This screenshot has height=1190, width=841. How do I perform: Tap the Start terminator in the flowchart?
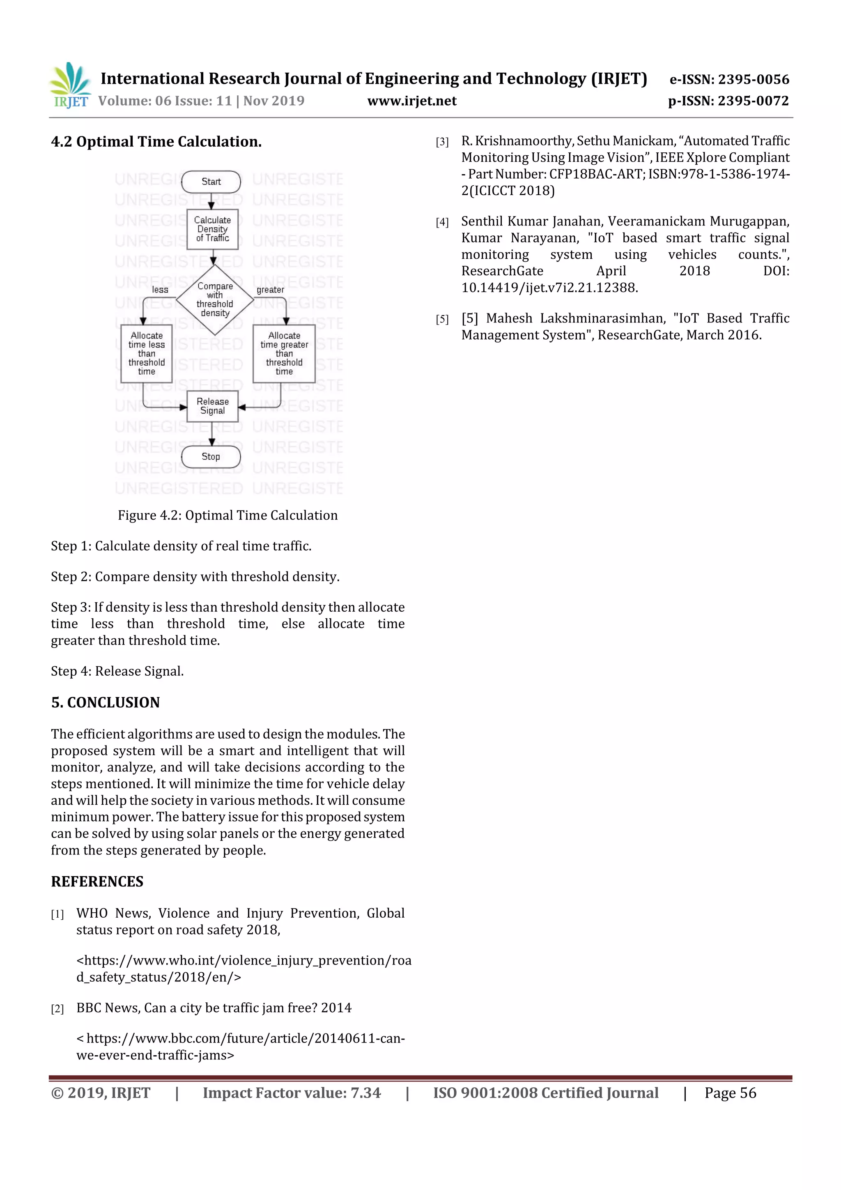tap(211, 182)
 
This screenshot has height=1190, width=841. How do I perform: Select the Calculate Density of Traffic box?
tap(212, 229)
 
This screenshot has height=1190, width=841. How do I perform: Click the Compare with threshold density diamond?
tap(214, 299)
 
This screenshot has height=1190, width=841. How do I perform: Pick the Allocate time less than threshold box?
tap(147, 354)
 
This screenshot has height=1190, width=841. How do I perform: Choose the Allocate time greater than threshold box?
tap(284, 354)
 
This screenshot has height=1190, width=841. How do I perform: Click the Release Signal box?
tap(212, 406)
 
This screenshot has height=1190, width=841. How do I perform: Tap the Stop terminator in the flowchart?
tap(211, 457)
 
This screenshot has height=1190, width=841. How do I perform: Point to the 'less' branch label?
tap(160, 290)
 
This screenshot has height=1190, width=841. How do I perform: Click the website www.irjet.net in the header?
tap(412, 101)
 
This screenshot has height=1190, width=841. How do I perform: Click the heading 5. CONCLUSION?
tap(105, 702)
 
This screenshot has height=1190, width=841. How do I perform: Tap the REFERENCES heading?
tap(97, 881)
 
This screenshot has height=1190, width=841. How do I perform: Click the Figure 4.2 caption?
tap(227, 515)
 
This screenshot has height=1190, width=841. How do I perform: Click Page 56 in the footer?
tap(730, 1093)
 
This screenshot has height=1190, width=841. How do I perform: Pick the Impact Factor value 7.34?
tap(365, 1093)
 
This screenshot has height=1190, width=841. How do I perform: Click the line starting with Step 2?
tap(195, 576)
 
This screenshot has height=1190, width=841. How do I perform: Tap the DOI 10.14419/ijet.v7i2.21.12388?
tap(549, 288)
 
